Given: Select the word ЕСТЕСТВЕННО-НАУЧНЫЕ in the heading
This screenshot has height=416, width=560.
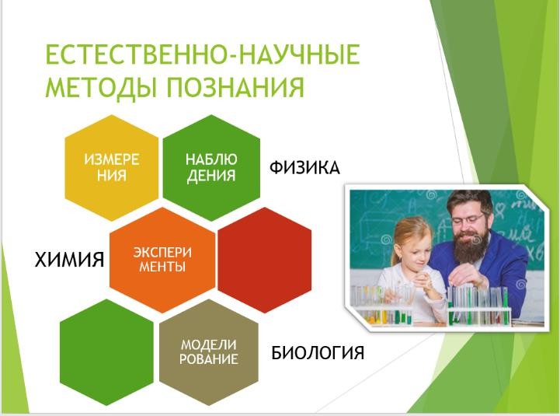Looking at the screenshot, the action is point(203,54).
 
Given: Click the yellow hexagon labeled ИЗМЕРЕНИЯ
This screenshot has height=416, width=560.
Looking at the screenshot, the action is point(111,167).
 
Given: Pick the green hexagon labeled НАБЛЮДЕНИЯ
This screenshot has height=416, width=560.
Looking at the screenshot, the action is point(211,167).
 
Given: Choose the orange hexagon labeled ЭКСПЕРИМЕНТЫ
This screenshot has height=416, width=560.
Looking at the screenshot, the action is point(162,260).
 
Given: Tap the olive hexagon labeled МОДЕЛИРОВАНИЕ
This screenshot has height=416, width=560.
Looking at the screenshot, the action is point(209,352).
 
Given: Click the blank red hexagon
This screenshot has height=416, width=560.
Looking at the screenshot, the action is point(264,260).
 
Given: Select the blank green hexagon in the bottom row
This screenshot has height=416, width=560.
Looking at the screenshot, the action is point(106,352).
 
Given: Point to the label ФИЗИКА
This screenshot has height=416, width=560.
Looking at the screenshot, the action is point(304,168).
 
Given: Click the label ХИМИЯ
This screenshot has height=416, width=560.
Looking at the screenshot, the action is point(69,260).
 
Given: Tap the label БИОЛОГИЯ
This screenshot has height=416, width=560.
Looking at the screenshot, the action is point(318,353).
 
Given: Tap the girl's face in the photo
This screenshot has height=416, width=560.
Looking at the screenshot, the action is point(417,252).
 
